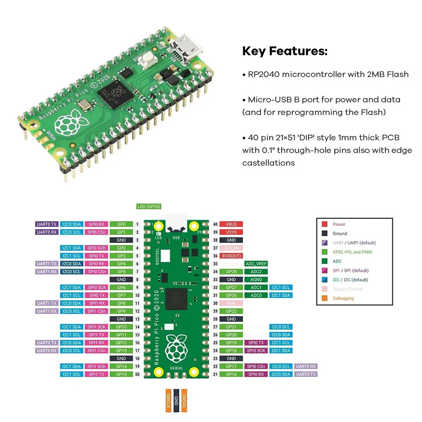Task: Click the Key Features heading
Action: point(285,52)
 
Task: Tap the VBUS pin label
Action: point(231,224)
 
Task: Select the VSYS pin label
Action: point(231,232)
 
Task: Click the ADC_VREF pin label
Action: point(256,264)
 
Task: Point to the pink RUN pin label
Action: point(231,303)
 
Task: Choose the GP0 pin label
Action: point(121,224)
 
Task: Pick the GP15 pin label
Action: point(121,374)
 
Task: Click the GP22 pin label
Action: point(231,311)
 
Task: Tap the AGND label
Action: point(256,280)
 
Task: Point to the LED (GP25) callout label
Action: point(149,207)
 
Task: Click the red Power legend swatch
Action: point(325,224)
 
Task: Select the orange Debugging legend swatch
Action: point(325,298)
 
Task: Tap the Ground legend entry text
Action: point(340,234)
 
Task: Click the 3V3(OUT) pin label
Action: point(231,256)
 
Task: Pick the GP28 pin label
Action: point(231,272)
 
